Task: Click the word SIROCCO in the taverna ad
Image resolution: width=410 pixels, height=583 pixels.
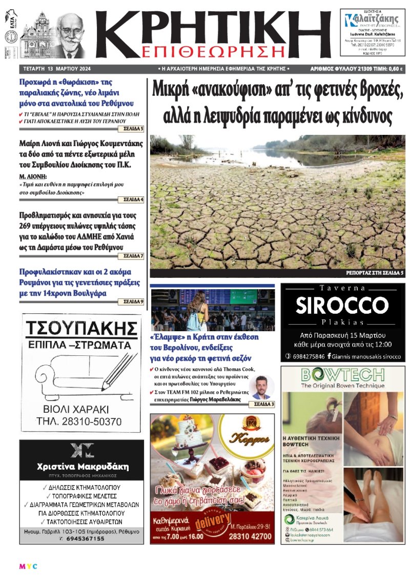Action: pyautogui.click(x=342, y=306)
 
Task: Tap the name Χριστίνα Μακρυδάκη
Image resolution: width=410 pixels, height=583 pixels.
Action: pyautogui.click(x=83, y=467)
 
